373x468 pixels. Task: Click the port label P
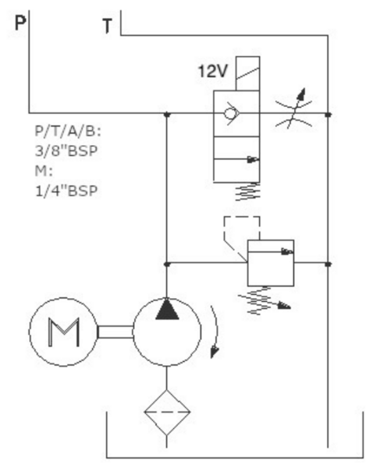(x=20, y=23)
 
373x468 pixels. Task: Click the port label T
(x=107, y=26)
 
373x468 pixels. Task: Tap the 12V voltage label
(x=213, y=71)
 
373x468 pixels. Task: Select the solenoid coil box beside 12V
(x=247, y=73)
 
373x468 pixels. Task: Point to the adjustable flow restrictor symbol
(x=294, y=111)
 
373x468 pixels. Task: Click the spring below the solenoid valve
(x=247, y=192)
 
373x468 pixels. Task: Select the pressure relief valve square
(x=271, y=263)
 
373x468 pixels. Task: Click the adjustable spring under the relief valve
(x=264, y=301)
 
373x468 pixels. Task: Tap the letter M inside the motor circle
(x=64, y=332)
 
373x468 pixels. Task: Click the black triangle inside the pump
(x=167, y=309)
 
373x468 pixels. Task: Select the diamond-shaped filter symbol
(x=167, y=412)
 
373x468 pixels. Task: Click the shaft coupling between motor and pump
(x=115, y=332)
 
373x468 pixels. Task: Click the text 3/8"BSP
(x=66, y=151)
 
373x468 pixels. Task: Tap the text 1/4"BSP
(x=66, y=191)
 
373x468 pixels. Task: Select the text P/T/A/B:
(x=68, y=131)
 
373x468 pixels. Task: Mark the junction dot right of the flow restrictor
(x=329, y=114)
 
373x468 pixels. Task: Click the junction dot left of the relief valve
(x=167, y=264)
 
